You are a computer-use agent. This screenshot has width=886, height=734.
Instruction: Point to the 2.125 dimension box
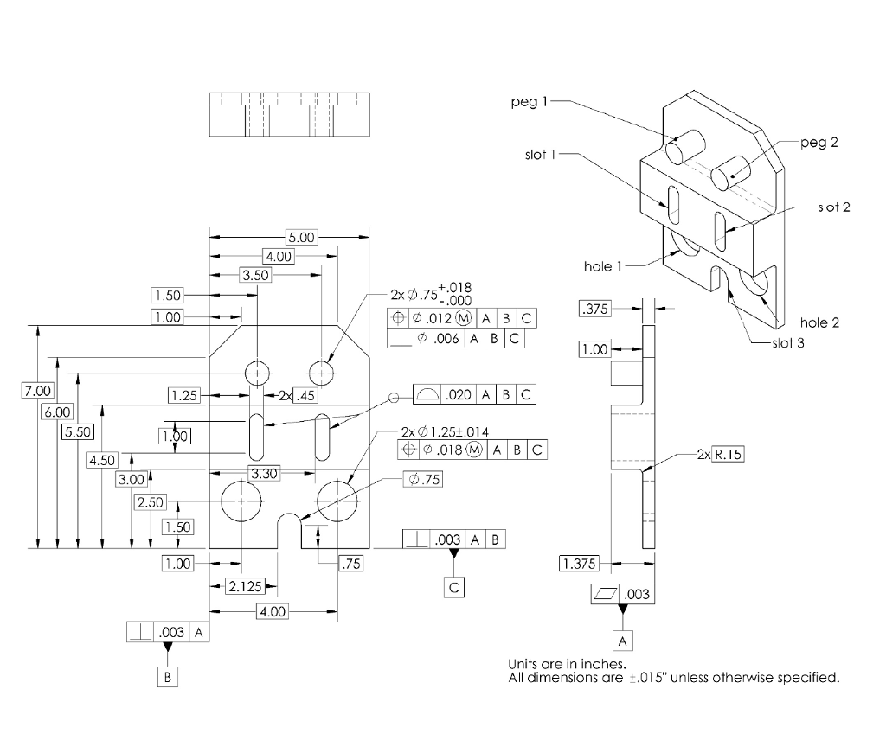coord(243,587)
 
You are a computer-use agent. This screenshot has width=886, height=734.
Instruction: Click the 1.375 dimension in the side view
coord(579,565)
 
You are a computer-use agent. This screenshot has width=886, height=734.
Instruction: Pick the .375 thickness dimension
coord(594,309)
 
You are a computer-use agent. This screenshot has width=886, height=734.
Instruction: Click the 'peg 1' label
coord(530,102)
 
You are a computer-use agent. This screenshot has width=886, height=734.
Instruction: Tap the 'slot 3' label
coord(786,343)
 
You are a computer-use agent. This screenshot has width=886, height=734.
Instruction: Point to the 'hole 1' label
coord(603,266)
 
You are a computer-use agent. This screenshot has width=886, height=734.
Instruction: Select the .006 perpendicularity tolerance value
coord(447,339)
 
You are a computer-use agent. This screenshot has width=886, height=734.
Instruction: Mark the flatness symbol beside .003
coord(602,595)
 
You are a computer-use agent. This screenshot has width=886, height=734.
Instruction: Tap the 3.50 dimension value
coord(255,275)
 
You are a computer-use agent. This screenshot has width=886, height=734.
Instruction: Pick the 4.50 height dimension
coord(102,460)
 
